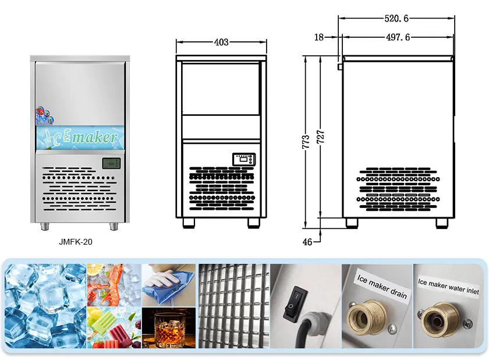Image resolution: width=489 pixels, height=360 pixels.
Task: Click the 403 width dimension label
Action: coord(221,42)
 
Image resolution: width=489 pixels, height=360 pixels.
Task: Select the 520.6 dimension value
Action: coord(396,19)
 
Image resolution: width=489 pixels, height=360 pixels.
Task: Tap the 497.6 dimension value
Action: coord(398,37)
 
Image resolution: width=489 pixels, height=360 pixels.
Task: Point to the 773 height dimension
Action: coord(306,142)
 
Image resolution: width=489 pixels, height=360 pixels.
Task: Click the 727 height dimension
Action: coord(321,137)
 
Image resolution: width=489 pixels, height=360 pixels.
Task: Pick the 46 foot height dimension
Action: coord(307,242)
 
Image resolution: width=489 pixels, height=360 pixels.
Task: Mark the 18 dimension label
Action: coord(319,37)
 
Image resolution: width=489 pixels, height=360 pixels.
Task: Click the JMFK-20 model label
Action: coord(76,242)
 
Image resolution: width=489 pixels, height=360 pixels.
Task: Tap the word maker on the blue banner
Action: coord(94,137)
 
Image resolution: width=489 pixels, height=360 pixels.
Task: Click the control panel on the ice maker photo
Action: coord(111,164)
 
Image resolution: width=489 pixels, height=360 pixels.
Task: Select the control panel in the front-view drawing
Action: coord(244,159)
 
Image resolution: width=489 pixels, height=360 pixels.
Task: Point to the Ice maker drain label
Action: coord(382,286)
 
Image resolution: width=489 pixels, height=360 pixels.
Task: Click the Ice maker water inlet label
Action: coord(448,287)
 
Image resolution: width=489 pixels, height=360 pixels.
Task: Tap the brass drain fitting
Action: coord(366,318)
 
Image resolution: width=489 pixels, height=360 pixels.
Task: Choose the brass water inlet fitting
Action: coord(440,320)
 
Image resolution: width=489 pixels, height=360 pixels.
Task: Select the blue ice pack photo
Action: coord(169,285)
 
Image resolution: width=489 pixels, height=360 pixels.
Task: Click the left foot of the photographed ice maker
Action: coord(45,227)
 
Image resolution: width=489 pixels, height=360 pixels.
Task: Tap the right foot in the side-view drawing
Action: coord(442,223)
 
